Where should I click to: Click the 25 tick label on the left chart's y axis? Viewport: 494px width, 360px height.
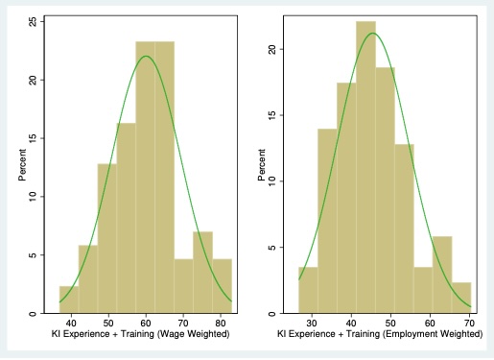tap(35, 21)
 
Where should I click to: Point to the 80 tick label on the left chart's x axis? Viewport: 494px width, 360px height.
tap(222, 323)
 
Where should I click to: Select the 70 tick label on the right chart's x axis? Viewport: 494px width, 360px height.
tap(468, 323)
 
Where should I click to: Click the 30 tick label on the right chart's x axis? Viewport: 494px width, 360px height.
tap(312, 323)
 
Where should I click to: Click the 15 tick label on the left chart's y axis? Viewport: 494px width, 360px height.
tap(35, 138)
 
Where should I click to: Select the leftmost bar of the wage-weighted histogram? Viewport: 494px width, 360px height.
tap(68, 300)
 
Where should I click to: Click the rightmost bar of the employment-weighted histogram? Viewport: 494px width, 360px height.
tap(461, 298)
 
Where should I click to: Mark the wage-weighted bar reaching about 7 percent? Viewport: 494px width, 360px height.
tap(201, 273)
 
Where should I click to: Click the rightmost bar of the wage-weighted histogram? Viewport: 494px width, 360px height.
tap(222, 286)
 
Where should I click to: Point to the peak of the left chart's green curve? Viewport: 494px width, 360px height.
tap(146, 56)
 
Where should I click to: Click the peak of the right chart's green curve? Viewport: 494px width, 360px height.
tap(372, 34)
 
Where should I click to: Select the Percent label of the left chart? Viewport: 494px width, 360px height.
tap(21, 164)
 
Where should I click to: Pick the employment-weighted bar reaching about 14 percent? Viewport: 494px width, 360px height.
tap(327, 221)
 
